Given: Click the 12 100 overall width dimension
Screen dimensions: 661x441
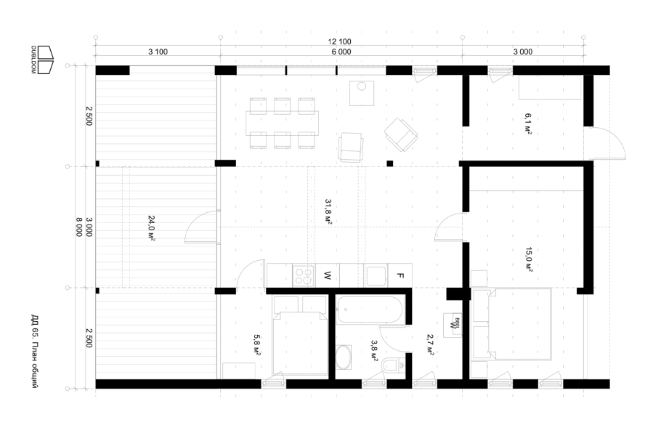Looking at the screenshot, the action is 339,41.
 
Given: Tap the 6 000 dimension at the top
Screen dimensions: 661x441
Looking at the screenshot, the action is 341,52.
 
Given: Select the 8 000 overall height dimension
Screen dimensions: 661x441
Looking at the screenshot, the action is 79,227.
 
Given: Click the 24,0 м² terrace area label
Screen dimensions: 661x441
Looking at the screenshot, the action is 152,227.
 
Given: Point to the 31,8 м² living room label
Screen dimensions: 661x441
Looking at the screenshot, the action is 328,211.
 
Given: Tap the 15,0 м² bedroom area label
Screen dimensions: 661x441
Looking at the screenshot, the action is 529,259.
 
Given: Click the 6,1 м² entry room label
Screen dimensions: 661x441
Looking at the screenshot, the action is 528,124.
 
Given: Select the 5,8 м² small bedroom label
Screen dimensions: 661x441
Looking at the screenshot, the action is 256,345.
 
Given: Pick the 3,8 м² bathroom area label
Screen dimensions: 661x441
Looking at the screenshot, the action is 374,350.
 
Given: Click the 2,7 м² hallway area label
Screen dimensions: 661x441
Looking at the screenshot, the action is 431,344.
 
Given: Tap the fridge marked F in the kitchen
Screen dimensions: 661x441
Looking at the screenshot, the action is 400,276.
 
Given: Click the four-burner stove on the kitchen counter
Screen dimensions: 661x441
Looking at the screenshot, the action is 304,276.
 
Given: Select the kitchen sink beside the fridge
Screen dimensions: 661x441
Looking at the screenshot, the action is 376,276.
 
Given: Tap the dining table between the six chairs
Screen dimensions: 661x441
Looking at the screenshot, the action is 282,123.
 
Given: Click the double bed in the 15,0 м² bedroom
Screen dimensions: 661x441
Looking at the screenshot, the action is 519,324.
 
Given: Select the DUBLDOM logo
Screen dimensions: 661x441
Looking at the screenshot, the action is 42,60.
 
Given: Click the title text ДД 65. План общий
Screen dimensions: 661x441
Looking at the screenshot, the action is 35,351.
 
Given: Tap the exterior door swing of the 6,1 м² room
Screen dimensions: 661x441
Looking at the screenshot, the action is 607,142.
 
